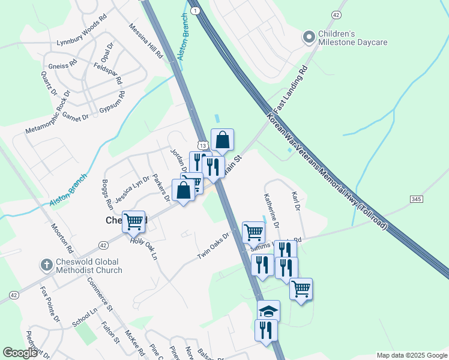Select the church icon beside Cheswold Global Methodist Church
click(x=46, y=265)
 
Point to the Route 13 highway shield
click(x=204, y=146)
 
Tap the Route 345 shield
click(x=417, y=199)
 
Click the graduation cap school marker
click(x=268, y=311)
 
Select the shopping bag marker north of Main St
click(x=222, y=140)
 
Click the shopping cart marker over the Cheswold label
click(x=133, y=221)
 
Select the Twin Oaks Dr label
click(x=214, y=246)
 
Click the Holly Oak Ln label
click(x=143, y=248)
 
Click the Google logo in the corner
click(x=20, y=353)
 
